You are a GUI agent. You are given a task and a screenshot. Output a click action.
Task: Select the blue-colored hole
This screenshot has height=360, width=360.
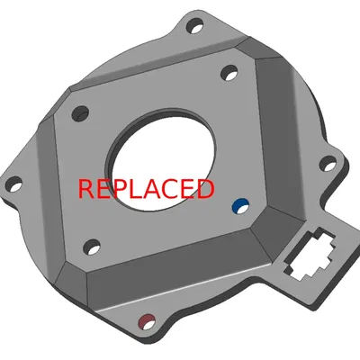(238, 206)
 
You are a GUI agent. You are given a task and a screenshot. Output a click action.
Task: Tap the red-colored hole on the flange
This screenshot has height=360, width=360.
(146, 319)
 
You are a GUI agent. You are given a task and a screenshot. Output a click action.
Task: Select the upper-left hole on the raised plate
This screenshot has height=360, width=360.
(80, 113)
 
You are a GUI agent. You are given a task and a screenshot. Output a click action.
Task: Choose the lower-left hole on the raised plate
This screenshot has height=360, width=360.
(90, 246)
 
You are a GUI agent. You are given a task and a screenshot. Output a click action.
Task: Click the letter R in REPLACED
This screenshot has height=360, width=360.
(87, 189)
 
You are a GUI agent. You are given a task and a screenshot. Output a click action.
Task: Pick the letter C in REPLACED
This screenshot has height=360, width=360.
(174, 189)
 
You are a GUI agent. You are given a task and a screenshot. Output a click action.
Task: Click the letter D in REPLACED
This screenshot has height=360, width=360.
(205, 189)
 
